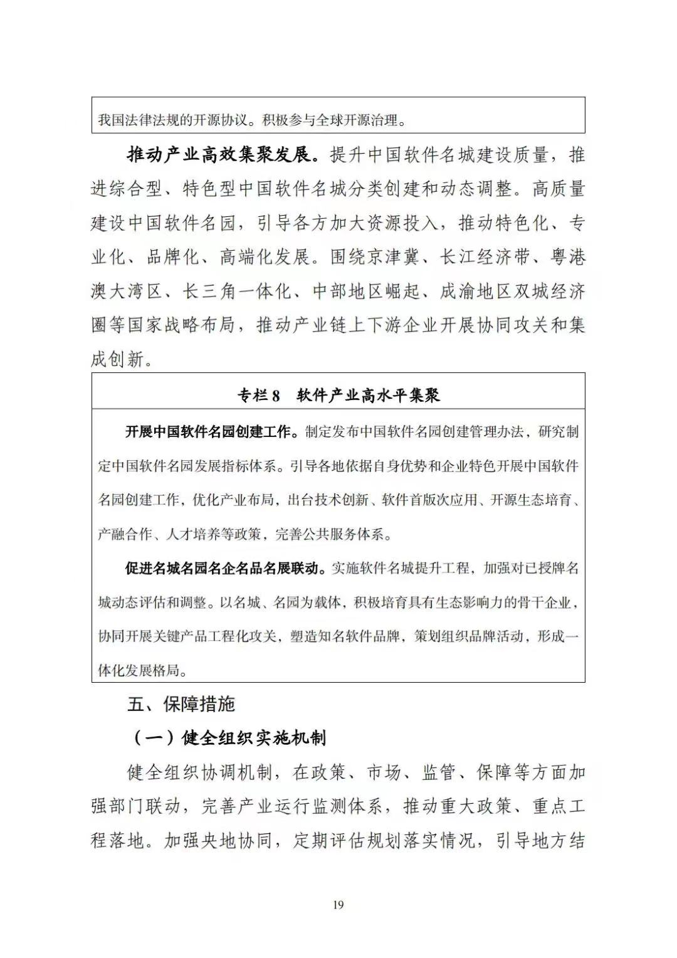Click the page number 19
tap(338, 905)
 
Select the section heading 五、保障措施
tap(181, 704)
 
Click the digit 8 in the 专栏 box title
tap(276, 396)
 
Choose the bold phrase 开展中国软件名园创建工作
tap(208, 432)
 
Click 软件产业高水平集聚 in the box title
tap(369, 396)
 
